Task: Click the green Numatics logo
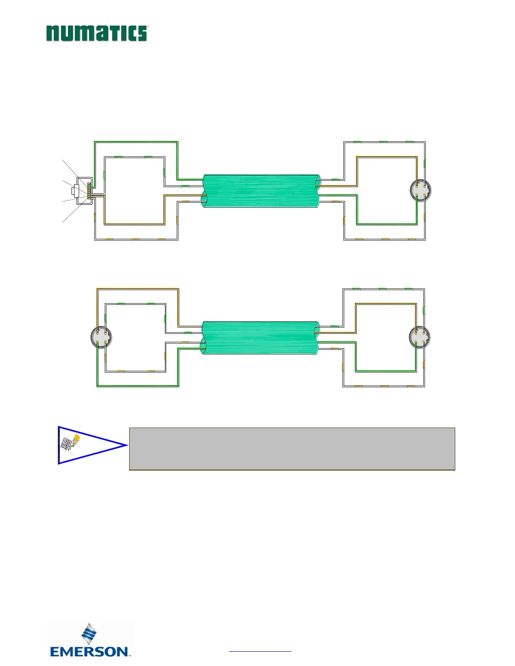pos(97,33)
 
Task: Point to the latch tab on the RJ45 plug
pos(74,191)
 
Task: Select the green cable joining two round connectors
pos(260,338)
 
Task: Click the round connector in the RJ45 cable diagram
pos(421,191)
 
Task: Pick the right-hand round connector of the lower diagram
pos(420,337)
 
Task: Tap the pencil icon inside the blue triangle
pos(76,440)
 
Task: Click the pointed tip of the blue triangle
pos(126,445)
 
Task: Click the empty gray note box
pos(292,449)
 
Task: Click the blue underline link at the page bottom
pos(260,651)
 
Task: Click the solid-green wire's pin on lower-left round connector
pos(98,342)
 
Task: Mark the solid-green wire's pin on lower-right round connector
pos(416,342)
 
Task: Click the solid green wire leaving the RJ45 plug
pos(135,142)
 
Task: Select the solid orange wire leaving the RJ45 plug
pos(135,224)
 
